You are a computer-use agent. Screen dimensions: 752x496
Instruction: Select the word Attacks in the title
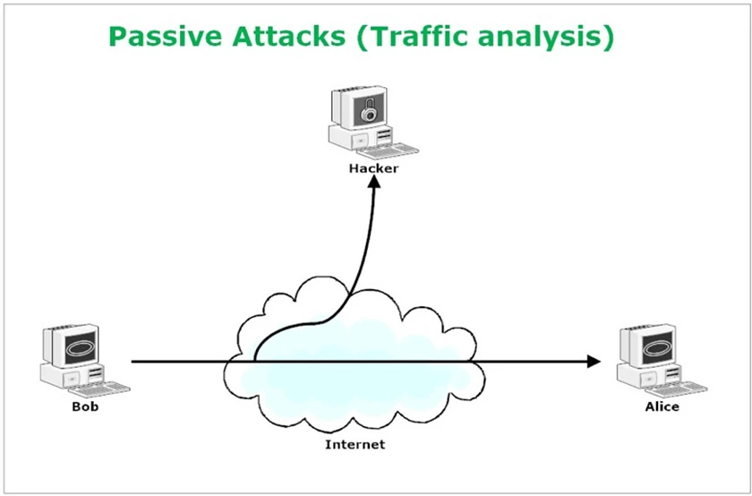point(288,37)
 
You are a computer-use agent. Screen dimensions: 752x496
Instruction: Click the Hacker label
point(373,168)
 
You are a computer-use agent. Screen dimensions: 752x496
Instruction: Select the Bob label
point(85,406)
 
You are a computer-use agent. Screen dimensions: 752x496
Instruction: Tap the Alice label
point(662,406)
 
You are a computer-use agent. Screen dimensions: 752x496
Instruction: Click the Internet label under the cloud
point(355,444)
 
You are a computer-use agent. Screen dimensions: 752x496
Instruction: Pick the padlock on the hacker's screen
point(369,110)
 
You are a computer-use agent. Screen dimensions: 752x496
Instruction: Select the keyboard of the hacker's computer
point(389,151)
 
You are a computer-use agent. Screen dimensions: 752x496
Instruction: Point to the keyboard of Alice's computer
point(677,389)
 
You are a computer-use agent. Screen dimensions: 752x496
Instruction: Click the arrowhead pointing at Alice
point(594,362)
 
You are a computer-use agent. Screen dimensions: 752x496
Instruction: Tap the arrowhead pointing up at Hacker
point(374,182)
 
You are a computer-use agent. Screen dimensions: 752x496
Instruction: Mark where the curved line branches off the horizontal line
point(254,361)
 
